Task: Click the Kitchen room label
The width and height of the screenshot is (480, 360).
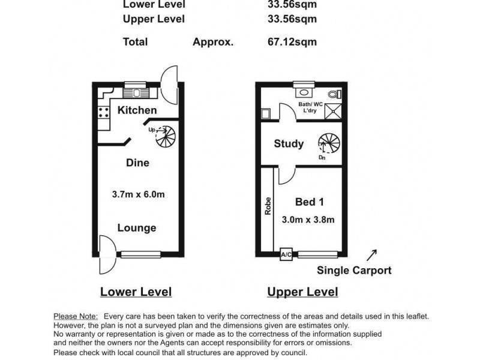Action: tap(137, 110)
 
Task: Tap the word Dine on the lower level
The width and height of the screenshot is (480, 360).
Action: tap(137, 163)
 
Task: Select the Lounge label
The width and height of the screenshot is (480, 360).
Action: tap(137, 228)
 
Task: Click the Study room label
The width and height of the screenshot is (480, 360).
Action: tap(289, 144)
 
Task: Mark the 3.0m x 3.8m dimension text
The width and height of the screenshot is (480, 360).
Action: tap(308, 220)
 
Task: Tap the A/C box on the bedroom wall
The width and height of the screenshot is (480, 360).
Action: tap(286, 255)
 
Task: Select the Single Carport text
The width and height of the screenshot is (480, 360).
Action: tap(354, 271)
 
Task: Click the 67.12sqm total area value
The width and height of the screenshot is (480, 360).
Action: tap(292, 42)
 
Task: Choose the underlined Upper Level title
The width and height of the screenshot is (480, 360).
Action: tap(302, 292)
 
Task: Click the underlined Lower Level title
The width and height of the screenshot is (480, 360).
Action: tap(136, 292)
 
